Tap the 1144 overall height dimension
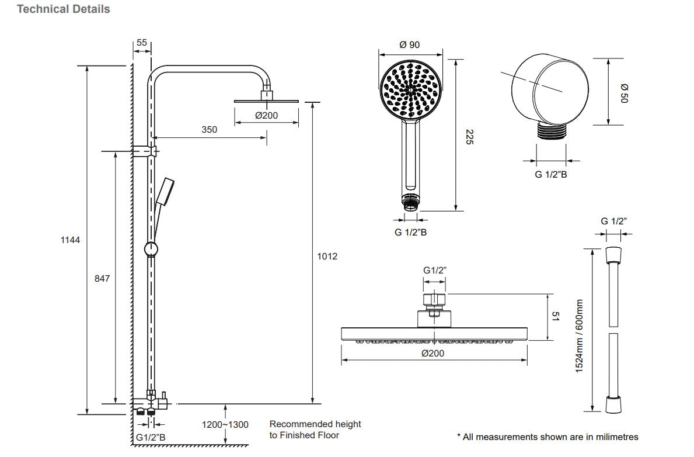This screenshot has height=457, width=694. pos(70,240)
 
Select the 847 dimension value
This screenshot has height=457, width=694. pos(102,279)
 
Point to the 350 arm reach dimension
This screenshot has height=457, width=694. pos(209,129)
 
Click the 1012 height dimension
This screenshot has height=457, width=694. pos(327,256)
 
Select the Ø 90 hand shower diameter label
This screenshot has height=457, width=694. pos(410,45)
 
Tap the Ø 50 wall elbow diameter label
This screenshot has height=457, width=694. pos(622,92)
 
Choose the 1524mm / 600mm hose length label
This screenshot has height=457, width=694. pos(580,336)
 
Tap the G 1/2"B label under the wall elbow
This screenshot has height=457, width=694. pos(551,174)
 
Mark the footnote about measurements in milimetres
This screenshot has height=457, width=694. pos(547,437)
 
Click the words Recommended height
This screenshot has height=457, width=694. pos(315,424)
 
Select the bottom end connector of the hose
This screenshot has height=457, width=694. pos(613,405)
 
